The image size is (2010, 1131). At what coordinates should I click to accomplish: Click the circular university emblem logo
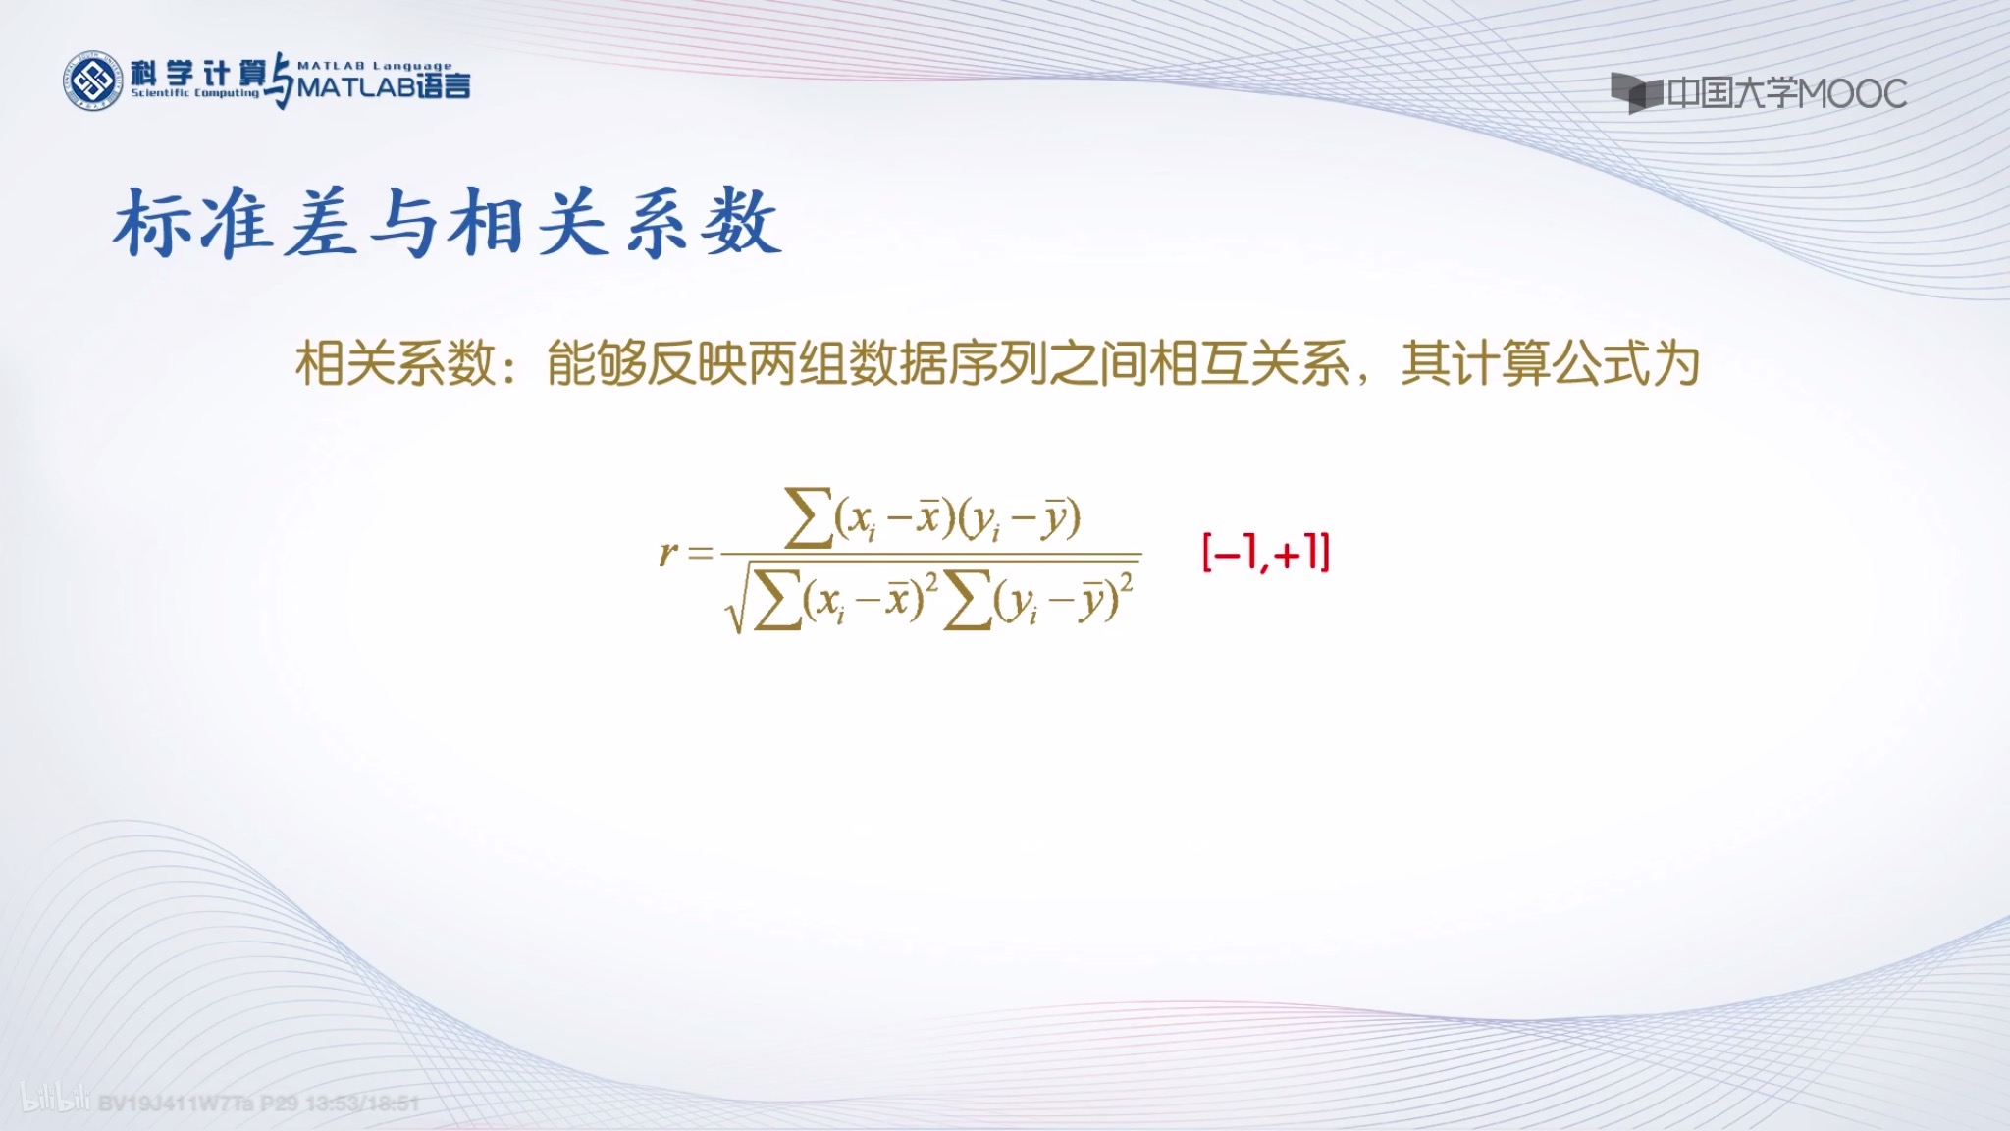pos(93,81)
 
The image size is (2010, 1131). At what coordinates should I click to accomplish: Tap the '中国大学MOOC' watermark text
pos(1786,93)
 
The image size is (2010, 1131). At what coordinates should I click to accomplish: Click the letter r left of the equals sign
pos(667,553)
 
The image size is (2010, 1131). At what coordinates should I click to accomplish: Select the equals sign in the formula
pos(700,554)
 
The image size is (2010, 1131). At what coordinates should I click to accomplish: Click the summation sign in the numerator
pos(809,518)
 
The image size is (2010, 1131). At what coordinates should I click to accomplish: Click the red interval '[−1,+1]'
pos(1266,553)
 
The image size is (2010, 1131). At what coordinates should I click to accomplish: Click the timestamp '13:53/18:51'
pos(362,1103)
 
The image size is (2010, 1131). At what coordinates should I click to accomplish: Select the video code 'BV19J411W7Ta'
pos(176,1103)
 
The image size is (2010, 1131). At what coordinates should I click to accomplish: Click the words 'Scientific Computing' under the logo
pos(195,93)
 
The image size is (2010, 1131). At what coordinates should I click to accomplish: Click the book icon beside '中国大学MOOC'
pos(1635,93)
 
